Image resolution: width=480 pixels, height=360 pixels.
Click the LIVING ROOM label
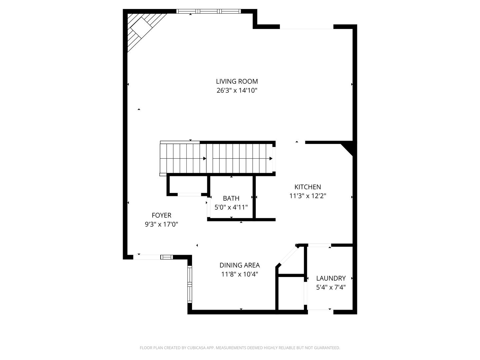pyautogui.click(x=237, y=81)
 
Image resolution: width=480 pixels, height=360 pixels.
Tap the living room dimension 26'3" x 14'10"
pyautogui.click(x=237, y=90)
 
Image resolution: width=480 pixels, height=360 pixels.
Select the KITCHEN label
pyautogui.click(x=307, y=187)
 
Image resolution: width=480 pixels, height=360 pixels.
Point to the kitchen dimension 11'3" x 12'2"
pyautogui.click(x=307, y=196)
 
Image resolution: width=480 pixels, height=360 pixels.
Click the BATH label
pyautogui.click(x=231, y=198)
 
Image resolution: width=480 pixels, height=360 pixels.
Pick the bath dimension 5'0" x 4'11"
pyautogui.click(x=231, y=207)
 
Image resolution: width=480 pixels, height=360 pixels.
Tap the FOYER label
pyautogui.click(x=161, y=215)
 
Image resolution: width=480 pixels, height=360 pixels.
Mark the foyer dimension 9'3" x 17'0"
pyautogui.click(x=161, y=224)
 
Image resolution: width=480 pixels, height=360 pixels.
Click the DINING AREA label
pyautogui.click(x=239, y=265)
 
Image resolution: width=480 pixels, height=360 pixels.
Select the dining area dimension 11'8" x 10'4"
pyautogui.click(x=239, y=274)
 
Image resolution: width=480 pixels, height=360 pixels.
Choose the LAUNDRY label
pyautogui.click(x=331, y=278)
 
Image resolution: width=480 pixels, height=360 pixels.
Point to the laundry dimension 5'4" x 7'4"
pyautogui.click(x=331, y=287)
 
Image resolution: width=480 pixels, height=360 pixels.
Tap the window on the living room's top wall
pyautogui.click(x=208, y=11)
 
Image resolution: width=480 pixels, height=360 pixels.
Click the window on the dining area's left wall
pyautogui.click(x=190, y=284)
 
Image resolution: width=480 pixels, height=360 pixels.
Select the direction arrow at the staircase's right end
pyautogui.click(x=271, y=158)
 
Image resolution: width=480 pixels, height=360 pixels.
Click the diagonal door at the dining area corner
pyautogui.click(x=286, y=256)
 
